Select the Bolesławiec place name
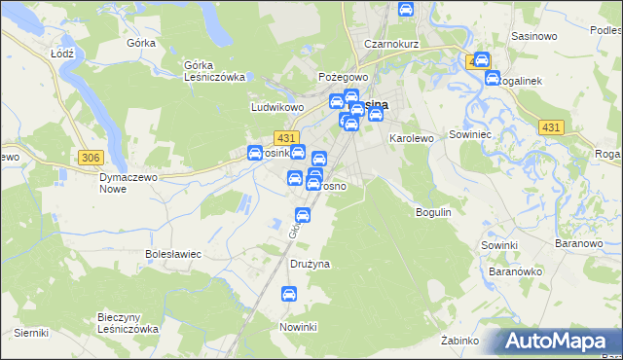pyautogui.click(x=172, y=254)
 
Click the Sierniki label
pyautogui.click(x=31, y=333)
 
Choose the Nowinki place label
pyautogui.click(x=299, y=326)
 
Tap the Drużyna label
pyautogui.click(x=311, y=264)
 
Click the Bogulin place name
pyautogui.click(x=434, y=211)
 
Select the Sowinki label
pyautogui.click(x=497, y=245)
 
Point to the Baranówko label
pyautogui.click(x=515, y=271)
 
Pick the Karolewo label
pyautogui.click(x=411, y=139)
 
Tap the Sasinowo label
pyautogui.click(x=533, y=36)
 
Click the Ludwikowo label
pyautogui.click(x=278, y=107)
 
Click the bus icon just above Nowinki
pyautogui.click(x=288, y=294)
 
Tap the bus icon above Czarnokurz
pyautogui.click(x=406, y=11)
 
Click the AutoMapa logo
pyautogui.click(x=561, y=341)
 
